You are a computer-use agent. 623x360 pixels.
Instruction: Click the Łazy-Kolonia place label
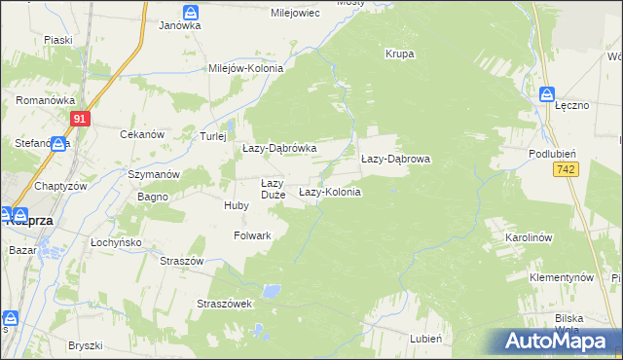coord(329,193)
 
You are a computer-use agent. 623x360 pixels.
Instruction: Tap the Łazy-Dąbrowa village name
coord(395,158)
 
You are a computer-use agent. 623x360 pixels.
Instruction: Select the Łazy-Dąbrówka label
coord(279,148)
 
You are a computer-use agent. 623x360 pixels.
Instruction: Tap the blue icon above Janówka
coord(191,12)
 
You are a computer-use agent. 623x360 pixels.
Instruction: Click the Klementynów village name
coord(562,277)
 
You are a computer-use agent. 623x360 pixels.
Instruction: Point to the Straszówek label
coord(225,304)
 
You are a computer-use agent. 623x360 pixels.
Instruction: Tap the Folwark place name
coord(252,235)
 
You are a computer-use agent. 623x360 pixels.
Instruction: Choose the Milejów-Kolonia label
coord(246,69)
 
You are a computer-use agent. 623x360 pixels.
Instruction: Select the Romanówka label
coord(39,100)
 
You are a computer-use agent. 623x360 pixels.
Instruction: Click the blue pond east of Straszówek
coord(275,291)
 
